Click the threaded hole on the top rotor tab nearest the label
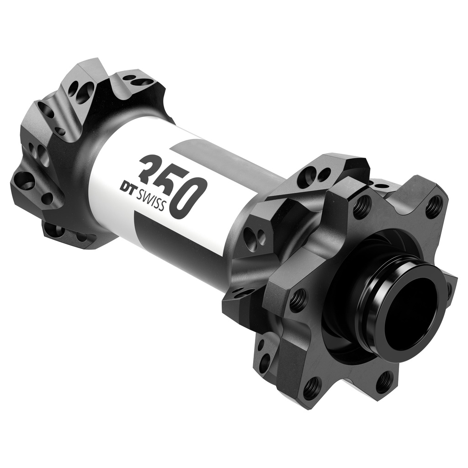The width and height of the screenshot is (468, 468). click(362, 206)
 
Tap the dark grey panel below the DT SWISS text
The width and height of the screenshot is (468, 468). click(151, 229)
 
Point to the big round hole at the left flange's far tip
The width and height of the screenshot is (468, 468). click(25, 181)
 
